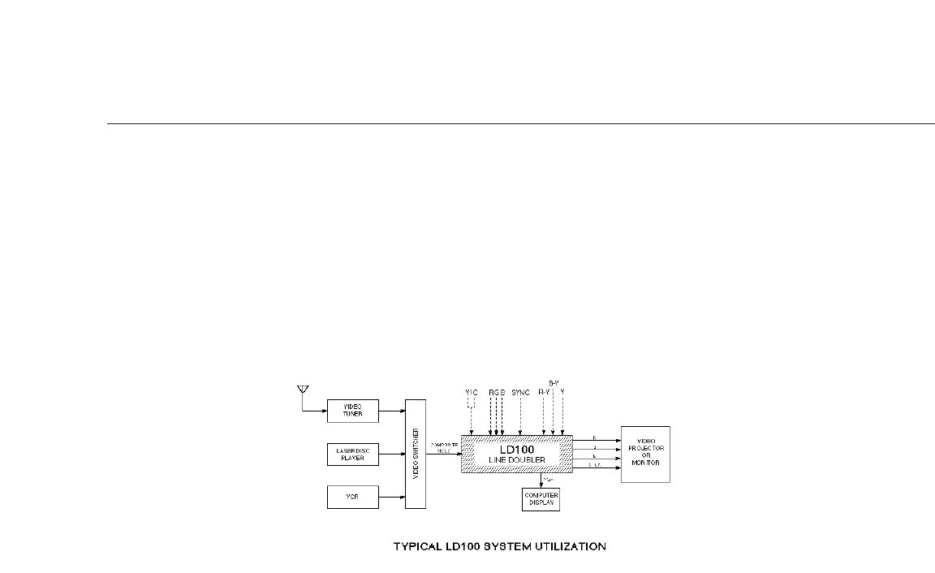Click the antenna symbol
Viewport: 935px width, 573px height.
pyautogui.click(x=302, y=390)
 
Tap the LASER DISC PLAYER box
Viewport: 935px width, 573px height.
pyautogui.click(x=352, y=454)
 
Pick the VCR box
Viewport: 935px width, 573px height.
pyautogui.click(x=352, y=496)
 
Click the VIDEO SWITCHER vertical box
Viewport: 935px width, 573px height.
pyautogui.click(x=415, y=454)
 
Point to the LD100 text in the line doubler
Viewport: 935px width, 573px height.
pyautogui.click(x=516, y=449)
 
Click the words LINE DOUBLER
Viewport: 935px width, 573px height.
pyautogui.click(x=516, y=460)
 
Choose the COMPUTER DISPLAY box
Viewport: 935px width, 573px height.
pyautogui.click(x=541, y=498)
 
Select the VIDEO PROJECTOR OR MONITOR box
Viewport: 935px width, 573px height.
pyautogui.click(x=645, y=454)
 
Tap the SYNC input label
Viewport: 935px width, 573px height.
pyautogui.click(x=520, y=392)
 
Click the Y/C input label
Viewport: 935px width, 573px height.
pyautogui.click(x=471, y=392)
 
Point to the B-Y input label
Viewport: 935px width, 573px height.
pyautogui.click(x=554, y=382)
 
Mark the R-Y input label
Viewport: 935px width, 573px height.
pyautogui.click(x=544, y=392)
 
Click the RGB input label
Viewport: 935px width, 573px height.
pyautogui.click(x=497, y=392)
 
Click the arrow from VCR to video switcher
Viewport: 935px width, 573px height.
pyautogui.click(x=391, y=496)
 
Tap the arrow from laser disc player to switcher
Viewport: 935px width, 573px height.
pyautogui.click(x=391, y=454)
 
